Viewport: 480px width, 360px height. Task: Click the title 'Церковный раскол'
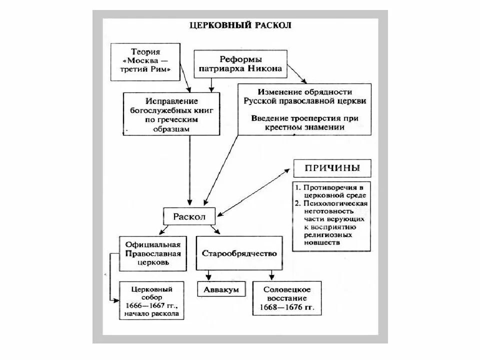tap(240, 25)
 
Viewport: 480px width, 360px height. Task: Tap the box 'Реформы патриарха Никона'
tap(240, 63)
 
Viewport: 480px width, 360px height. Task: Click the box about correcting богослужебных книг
tap(171, 113)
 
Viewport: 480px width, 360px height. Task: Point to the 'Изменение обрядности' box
tap(305, 109)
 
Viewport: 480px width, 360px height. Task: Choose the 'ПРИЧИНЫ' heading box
tap(332, 167)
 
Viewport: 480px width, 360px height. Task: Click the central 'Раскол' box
tap(189, 216)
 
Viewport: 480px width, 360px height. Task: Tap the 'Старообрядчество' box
tap(239, 253)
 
